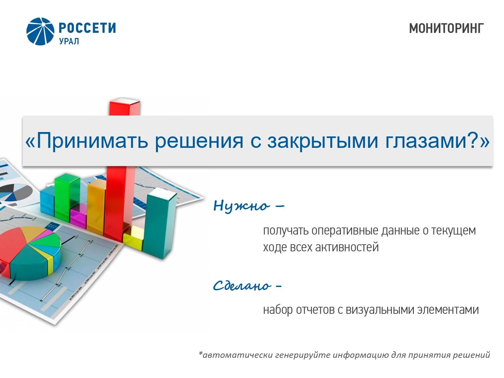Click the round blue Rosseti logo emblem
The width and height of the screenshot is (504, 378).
click(x=40, y=32)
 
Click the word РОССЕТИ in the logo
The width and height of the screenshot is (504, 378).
click(x=87, y=28)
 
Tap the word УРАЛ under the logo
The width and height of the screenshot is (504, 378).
click(x=69, y=41)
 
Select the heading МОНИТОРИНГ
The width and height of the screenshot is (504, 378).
click(x=446, y=29)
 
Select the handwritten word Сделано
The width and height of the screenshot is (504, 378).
click(x=242, y=285)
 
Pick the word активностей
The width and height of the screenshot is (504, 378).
click(x=347, y=247)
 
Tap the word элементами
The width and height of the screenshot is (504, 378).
click(x=448, y=310)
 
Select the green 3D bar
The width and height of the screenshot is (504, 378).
click(x=67, y=197)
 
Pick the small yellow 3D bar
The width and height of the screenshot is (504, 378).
click(x=134, y=238)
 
